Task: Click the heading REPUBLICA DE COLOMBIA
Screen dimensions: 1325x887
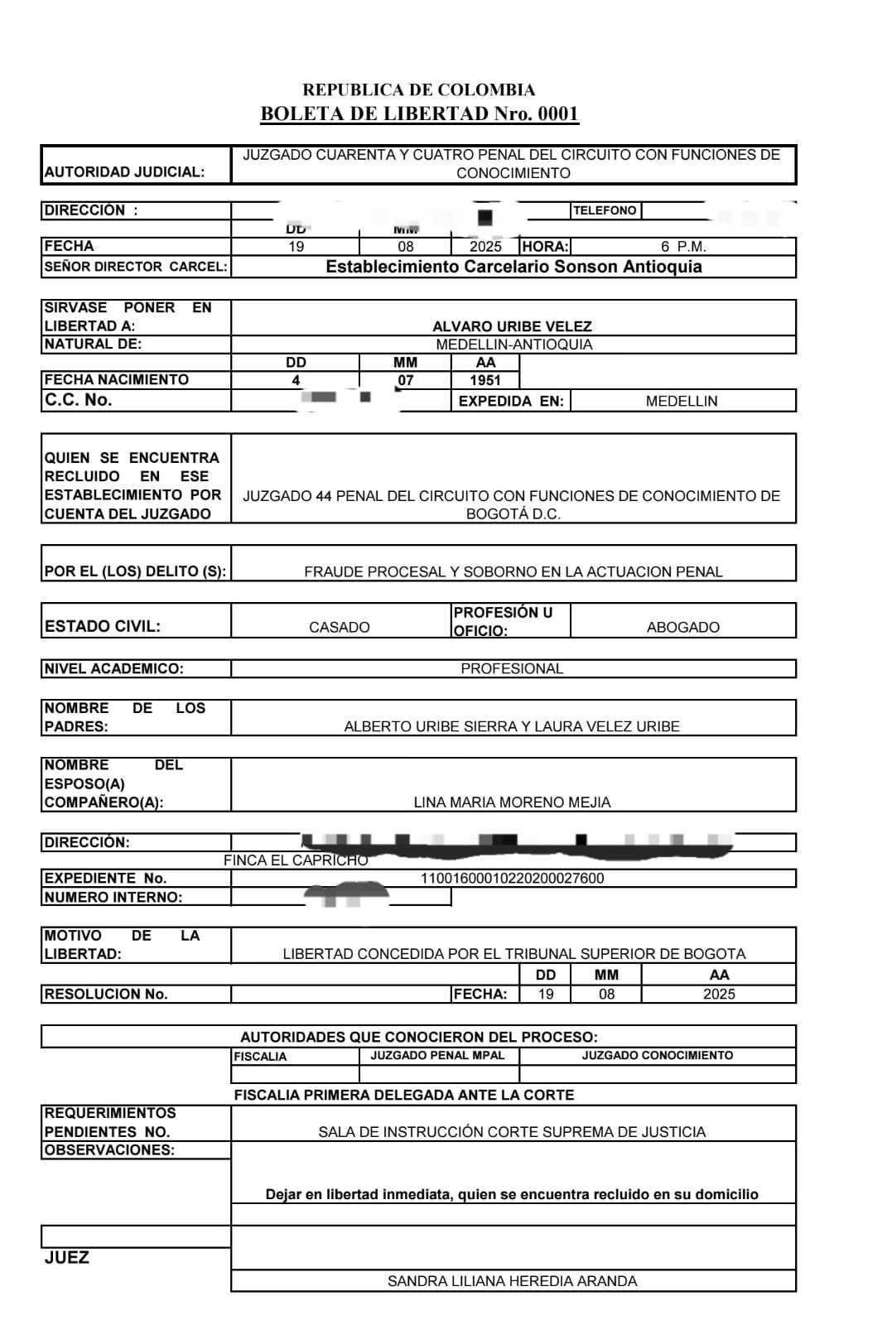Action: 418,89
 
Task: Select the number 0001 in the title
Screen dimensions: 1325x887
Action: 558,113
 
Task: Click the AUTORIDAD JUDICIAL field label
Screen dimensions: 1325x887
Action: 124,172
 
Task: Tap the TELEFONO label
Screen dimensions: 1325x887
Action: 605,210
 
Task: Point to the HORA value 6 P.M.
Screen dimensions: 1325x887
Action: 683,247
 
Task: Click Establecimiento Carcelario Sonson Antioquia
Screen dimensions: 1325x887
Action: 513,267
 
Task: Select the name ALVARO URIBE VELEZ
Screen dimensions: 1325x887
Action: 512,326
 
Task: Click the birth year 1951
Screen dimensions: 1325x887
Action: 485,380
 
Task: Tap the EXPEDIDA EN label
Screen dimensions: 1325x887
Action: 511,401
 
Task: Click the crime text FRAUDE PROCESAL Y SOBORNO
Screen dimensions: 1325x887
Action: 513,571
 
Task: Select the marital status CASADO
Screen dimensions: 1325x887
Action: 339,627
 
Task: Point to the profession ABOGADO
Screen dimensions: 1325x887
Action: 682,627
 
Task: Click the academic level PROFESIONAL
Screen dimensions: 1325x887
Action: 512,668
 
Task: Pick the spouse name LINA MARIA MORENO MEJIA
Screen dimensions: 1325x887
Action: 512,802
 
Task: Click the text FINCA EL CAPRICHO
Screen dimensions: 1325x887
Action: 296,860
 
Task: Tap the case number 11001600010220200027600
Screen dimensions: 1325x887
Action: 512,878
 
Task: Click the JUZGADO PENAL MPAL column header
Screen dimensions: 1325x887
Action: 438,1055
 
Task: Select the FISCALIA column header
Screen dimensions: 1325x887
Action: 260,1057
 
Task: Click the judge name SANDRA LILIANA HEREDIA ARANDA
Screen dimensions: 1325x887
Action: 512,1281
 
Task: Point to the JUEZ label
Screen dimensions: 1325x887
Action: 67,1258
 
